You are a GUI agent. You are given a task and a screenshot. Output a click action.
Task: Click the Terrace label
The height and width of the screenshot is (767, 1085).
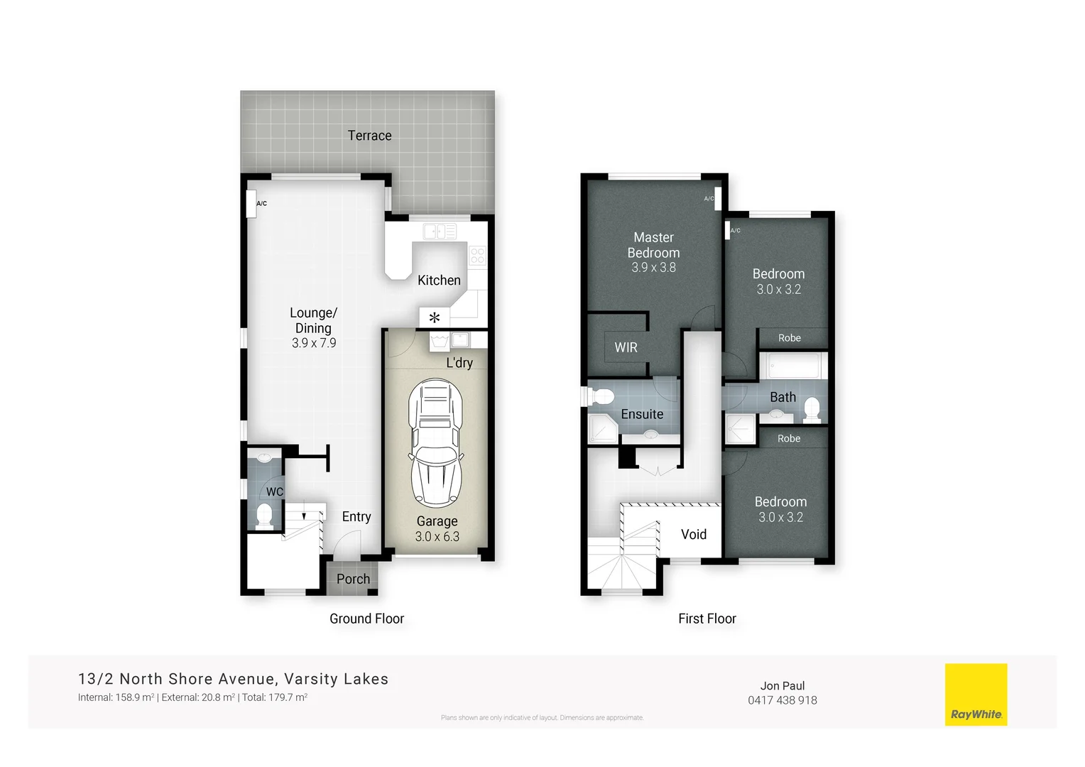point(369,136)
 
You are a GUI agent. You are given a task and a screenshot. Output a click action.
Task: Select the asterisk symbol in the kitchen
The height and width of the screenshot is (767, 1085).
point(434,317)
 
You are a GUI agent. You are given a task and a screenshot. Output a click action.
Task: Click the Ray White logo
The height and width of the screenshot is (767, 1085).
point(976,695)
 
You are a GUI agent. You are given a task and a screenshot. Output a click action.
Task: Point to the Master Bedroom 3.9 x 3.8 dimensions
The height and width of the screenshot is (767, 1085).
point(653,268)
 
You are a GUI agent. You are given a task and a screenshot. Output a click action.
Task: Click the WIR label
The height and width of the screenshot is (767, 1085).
point(626,347)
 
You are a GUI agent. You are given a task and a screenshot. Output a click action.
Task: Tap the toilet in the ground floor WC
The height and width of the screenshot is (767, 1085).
point(264,514)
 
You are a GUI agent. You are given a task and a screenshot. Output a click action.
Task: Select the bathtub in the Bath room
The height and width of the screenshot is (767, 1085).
point(792,366)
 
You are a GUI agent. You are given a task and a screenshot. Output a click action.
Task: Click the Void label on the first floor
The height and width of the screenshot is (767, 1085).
point(694,535)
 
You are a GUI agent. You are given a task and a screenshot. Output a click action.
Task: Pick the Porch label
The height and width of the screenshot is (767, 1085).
point(353,579)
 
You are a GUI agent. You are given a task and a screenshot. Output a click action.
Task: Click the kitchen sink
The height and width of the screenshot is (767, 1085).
point(440,232)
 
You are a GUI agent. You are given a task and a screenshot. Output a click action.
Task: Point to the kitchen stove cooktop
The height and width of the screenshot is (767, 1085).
point(477,255)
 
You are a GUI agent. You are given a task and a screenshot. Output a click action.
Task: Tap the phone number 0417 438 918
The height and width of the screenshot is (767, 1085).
point(782,700)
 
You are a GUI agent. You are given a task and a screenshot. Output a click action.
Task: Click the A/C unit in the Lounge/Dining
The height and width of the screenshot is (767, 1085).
point(251,203)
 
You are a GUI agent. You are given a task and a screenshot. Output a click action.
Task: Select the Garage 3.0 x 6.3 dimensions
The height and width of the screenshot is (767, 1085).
point(437,537)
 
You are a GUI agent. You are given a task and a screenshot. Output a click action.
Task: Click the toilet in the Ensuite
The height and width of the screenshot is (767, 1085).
point(603,396)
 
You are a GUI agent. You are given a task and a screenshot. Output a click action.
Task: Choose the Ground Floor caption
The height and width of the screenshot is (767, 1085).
point(366,619)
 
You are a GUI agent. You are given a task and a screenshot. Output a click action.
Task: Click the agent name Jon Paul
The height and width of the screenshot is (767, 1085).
point(782,685)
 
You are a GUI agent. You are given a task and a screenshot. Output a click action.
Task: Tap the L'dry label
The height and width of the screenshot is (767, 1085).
point(459,363)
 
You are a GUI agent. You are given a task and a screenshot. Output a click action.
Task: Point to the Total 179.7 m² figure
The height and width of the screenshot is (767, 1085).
point(274,697)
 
